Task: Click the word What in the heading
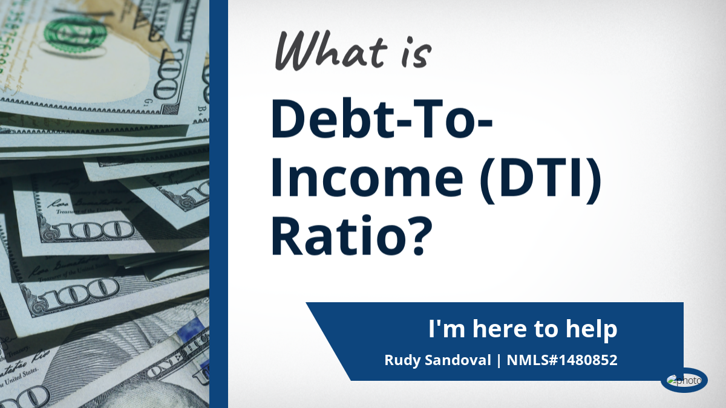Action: pyautogui.click(x=332, y=51)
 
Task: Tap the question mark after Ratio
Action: pyautogui.click(x=420, y=235)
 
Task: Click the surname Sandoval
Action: pyautogui.click(x=458, y=360)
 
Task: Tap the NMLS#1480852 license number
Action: pyautogui.click(x=562, y=360)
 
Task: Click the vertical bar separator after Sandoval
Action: pyautogui.click(x=499, y=360)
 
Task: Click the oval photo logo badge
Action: pyautogui.click(x=684, y=380)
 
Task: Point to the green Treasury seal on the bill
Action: pyautogui.click(x=75, y=34)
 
